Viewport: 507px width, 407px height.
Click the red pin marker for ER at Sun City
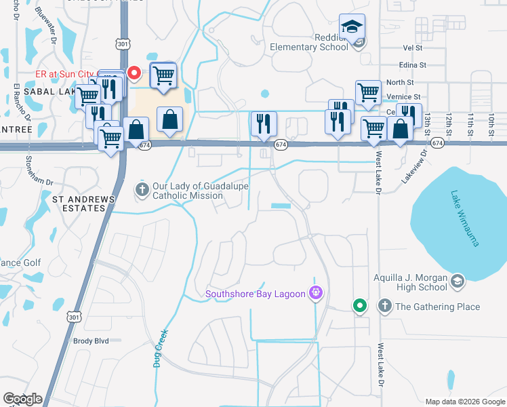[x=134, y=73]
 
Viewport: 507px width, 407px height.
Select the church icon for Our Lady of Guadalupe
[x=142, y=187]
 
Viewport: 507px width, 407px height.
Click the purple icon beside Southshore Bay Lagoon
[x=315, y=293]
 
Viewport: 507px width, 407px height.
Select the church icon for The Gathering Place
[x=385, y=307]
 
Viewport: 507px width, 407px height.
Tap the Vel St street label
[x=413, y=49]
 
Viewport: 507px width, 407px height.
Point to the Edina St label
[x=412, y=65]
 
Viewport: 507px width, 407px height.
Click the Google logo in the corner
[x=22, y=399]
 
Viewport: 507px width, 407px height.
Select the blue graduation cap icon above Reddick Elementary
[x=352, y=26]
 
